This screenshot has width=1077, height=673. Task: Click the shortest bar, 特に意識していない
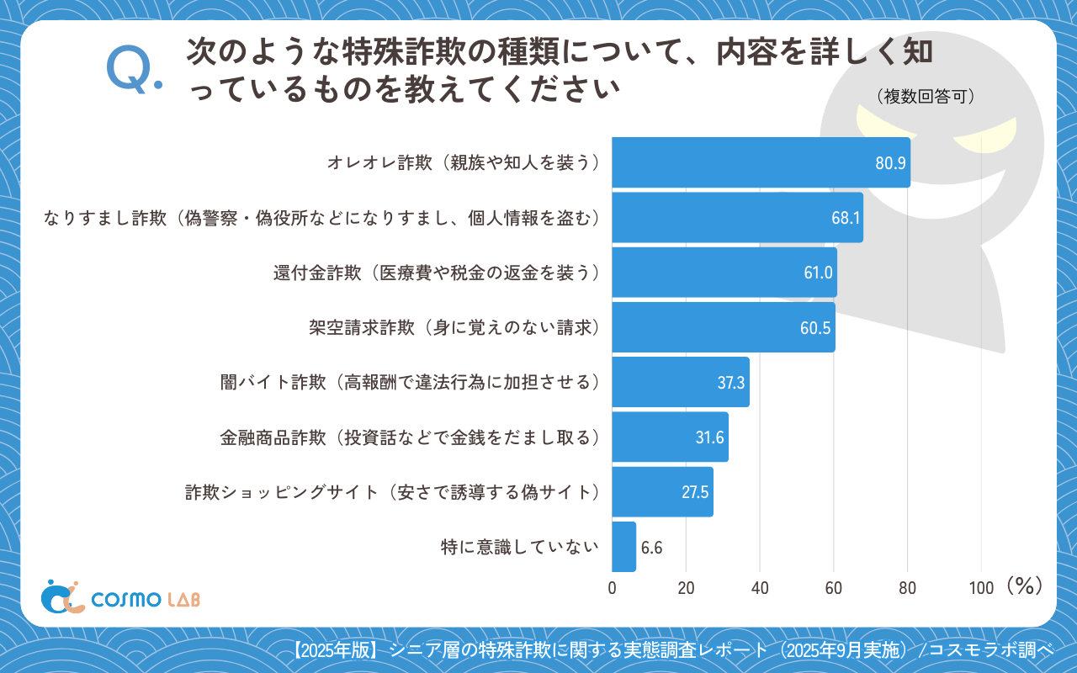[x=623, y=547]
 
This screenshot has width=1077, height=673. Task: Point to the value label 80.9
[x=889, y=163]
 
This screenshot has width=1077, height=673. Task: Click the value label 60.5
[x=815, y=328]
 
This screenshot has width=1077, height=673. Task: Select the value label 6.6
[x=652, y=548]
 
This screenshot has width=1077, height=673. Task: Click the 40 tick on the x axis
[x=760, y=588]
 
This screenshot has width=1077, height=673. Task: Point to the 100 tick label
[x=981, y=588]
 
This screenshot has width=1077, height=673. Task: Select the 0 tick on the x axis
[x=612, y=588]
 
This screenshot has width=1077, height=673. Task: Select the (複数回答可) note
[x=925, y=97]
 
